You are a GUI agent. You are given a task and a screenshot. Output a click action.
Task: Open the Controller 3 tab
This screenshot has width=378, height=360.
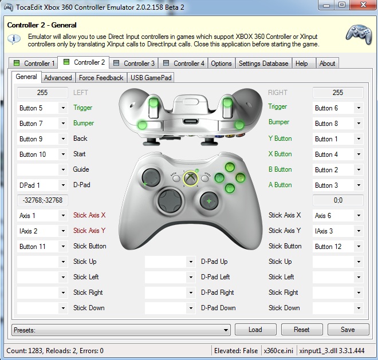coord(134,63)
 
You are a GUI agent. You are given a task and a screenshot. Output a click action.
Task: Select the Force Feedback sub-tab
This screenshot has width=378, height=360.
coord(101,78)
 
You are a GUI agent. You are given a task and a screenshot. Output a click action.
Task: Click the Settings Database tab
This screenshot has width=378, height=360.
coord(263,63)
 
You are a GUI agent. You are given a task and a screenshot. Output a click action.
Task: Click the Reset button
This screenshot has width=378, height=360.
coord(302,330)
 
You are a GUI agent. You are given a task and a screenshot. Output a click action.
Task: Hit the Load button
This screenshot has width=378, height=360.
coord(255,330)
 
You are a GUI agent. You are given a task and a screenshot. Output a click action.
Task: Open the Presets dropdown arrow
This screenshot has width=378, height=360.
coord(226,330)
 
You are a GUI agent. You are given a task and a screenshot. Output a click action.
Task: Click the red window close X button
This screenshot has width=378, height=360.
coord(363,5)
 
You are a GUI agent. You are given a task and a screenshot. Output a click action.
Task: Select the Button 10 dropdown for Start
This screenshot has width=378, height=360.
coord(42,154)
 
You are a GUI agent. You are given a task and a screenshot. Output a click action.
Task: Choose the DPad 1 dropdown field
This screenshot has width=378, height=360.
coord(42,185)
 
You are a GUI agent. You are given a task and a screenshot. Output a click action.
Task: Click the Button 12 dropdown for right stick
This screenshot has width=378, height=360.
coord(338,247)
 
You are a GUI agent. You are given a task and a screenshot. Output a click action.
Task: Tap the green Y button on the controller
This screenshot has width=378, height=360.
coord(230,167)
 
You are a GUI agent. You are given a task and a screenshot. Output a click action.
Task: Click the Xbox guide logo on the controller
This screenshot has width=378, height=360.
coord(191,179)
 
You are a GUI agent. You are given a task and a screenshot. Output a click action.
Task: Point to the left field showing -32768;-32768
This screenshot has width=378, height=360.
coord(42,200)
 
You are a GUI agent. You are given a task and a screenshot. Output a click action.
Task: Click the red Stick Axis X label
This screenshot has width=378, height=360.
coord(89,215)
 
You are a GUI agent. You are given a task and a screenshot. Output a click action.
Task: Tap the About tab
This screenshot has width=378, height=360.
coord(327,63)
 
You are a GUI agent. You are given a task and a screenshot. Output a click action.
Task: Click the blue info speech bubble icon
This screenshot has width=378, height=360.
coord(14,39)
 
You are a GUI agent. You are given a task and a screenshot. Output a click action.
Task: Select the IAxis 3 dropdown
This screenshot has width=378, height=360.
coord(338,231)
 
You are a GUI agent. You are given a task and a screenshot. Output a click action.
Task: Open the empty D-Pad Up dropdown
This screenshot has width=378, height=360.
coord(170,262)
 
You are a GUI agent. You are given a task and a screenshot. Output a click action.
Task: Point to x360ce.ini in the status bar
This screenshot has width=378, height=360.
coord(278,351)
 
